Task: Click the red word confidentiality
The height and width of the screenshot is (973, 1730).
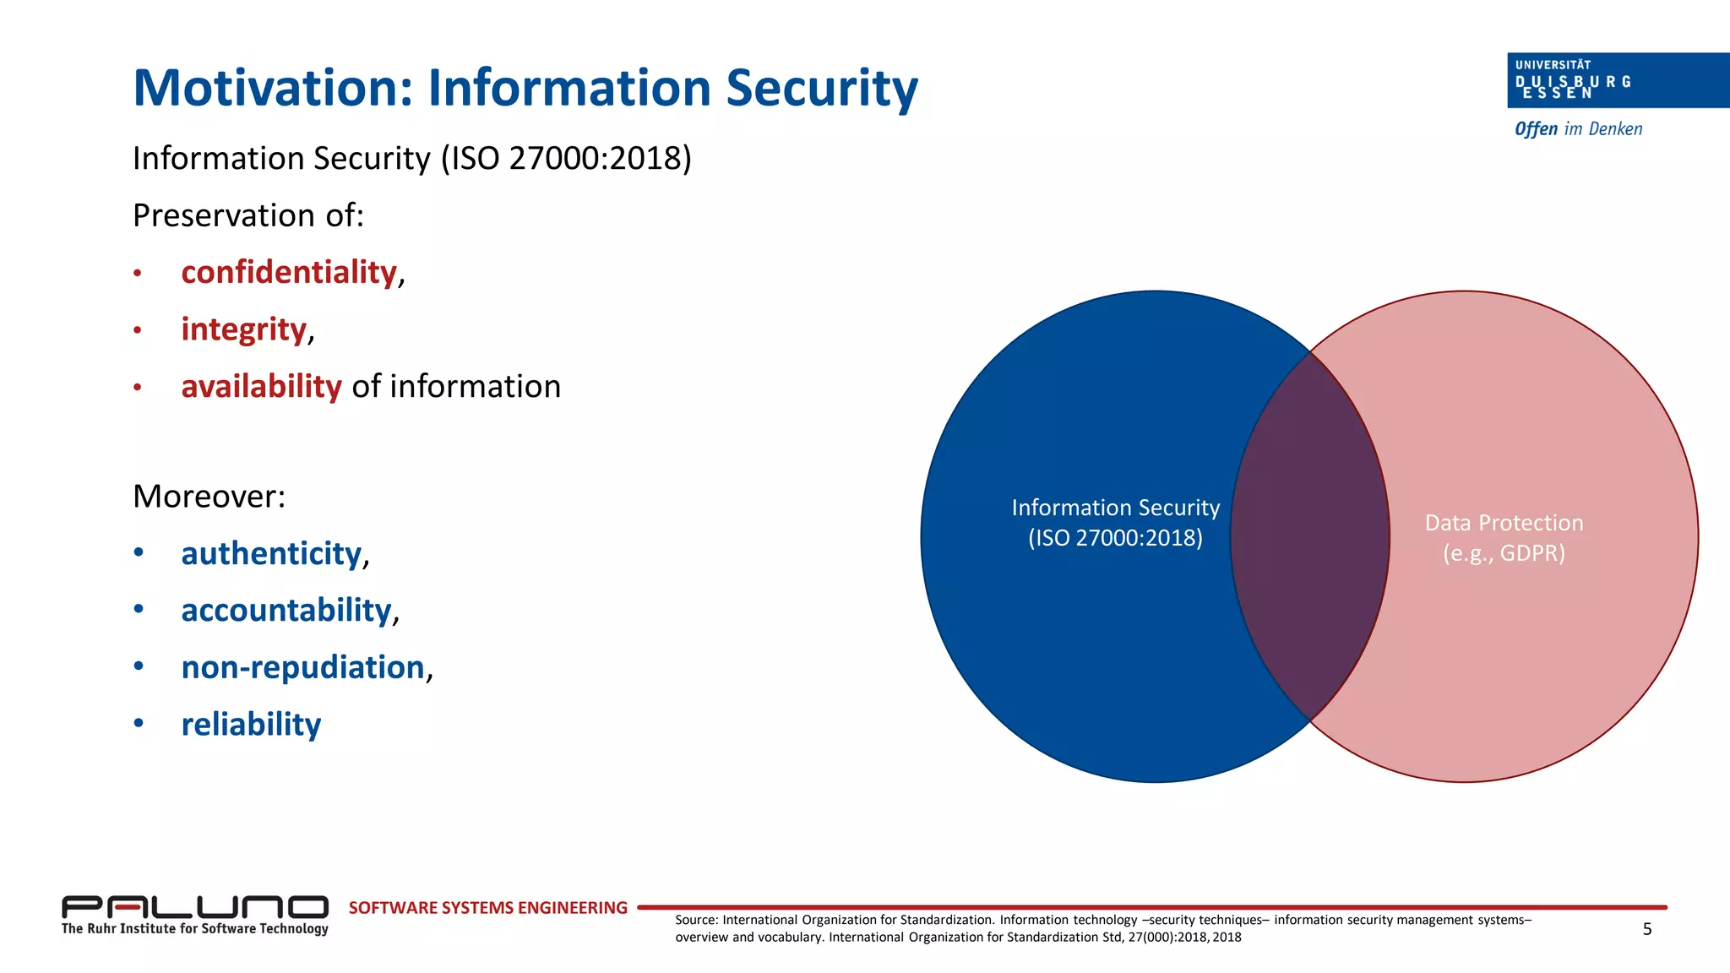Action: (x=289, y=273)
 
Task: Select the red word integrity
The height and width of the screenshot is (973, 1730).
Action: (x=243, y=329)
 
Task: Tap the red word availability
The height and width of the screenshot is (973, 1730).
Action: (x=261, y=387)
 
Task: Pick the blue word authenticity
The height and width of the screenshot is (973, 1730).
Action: (x=271, y=554)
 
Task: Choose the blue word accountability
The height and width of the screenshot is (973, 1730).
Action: (x=286, y=611)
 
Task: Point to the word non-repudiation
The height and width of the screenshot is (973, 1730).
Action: (x=302, y=667)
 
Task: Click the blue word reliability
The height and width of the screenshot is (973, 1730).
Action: (x=251, y=725)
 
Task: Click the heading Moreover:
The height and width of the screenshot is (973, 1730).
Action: (x=209, y=497)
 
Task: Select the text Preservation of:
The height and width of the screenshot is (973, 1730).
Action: (x=248, y=215)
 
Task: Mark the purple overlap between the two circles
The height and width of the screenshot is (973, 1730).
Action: (x=1310, y=536)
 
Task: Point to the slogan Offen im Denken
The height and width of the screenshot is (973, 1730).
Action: (x=1578, y=129)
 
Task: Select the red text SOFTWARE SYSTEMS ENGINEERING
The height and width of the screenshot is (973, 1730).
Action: (x=487, y=908)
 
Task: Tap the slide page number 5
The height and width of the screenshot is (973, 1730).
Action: (x=1646, y=929)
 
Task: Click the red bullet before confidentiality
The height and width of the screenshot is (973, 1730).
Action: (x=137, y=274)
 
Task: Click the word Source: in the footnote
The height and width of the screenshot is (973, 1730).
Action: (x=696, y=920)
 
